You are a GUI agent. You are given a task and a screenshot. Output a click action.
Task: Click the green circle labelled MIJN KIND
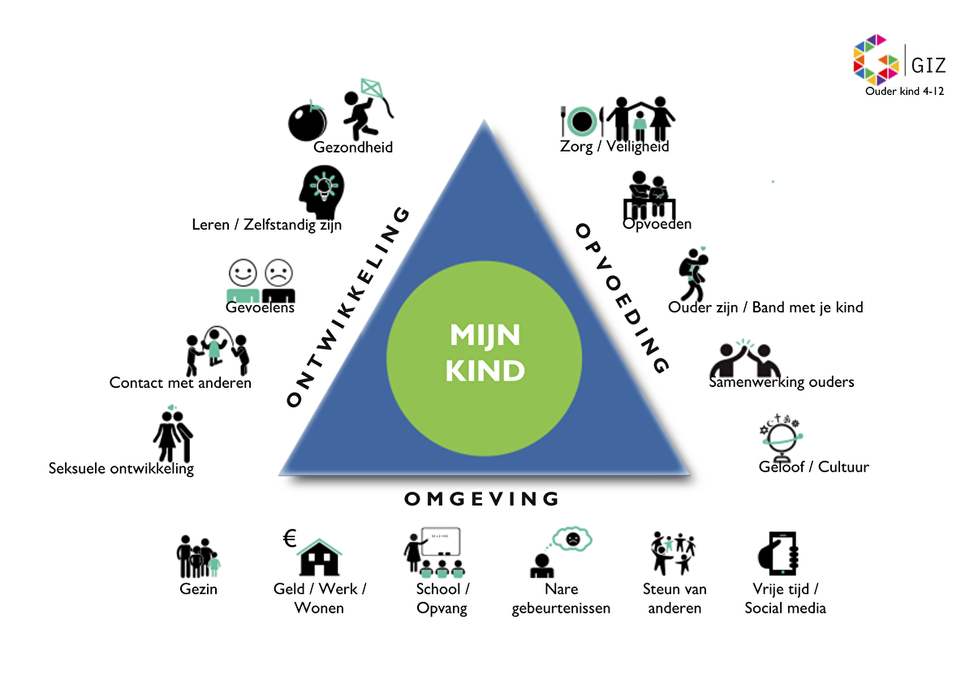pyautogui.click(x=484, y=355)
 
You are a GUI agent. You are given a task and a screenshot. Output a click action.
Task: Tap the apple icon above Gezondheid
pyautogui.click(x=308, y=123)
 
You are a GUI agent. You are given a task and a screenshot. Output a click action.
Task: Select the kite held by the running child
pyautogui.click(x=372, y=88)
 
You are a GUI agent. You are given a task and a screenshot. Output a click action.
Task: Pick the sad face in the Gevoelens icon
pyautogui.click(x=278, y=271)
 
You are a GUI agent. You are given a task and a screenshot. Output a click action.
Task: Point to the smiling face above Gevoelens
pyautogui.click(x=242, y=271)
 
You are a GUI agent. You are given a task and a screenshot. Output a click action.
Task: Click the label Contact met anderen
pyautogui.click(x=180, y=383)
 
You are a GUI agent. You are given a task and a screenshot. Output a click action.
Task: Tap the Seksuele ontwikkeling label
pyautogui.click(x=121, y=468)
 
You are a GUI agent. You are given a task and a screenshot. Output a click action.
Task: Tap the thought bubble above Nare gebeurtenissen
pyautogui.click(x=572, y=537)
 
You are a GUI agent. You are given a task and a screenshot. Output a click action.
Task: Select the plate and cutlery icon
pyautogui.click(x=582, y=122)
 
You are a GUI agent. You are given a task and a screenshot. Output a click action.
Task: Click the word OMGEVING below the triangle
pyautogui.click(x=482, y=498)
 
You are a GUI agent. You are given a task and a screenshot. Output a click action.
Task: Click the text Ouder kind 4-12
pyautogui.click(x=904, y=91)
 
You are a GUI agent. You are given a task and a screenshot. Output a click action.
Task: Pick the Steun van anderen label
pyautogui.click(x=674, y=599)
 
